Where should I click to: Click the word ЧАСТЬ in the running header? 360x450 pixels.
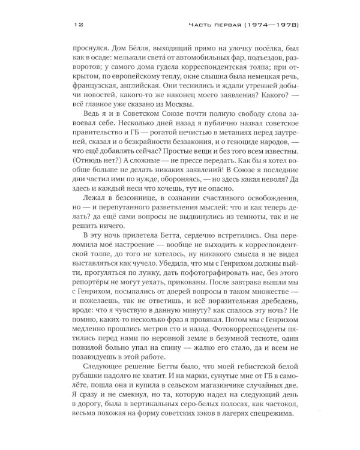tap(203, 26)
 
